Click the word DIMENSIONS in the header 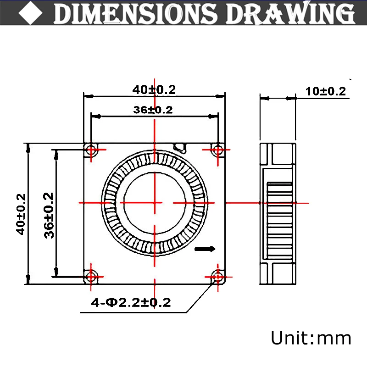[135, 14]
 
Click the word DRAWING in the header [291, 13]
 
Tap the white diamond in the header [31, 13]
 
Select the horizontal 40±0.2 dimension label [154, 90]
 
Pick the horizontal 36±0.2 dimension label [153, 110]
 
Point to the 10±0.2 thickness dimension [326, 91]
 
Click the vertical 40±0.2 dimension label [21, 214]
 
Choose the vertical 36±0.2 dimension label [49, 215]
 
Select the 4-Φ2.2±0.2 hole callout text [131, 302]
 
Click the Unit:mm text [311, 338]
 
